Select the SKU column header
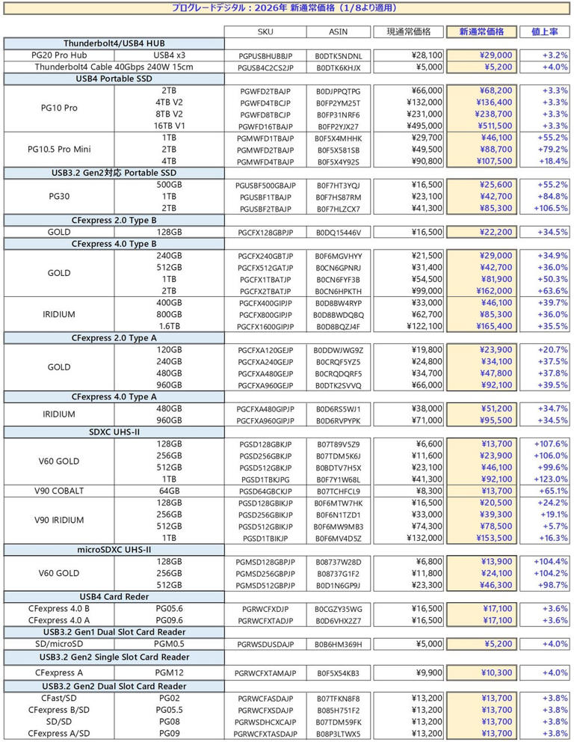265,31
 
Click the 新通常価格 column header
481,31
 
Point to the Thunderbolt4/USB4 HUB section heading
113,43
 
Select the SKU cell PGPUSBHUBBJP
265,55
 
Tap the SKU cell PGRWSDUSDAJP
265,644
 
